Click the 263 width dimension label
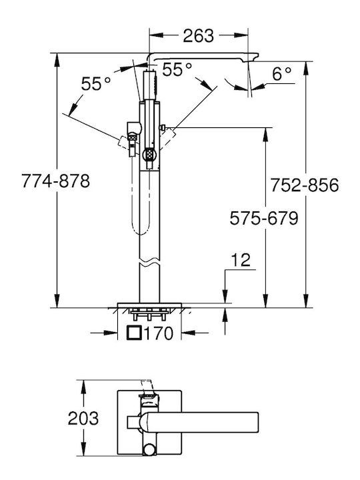tap(198, 36)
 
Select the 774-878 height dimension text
tap(56, 181)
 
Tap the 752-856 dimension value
tap(305, 185)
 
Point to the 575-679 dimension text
tap(264, 219)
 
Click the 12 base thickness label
tap(241, 260)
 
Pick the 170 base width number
tap(158, 333)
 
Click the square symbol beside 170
tap(134, 333)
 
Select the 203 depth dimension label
tap(83, 418)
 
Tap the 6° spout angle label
tap(281, 74)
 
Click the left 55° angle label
tap(95, 83)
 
